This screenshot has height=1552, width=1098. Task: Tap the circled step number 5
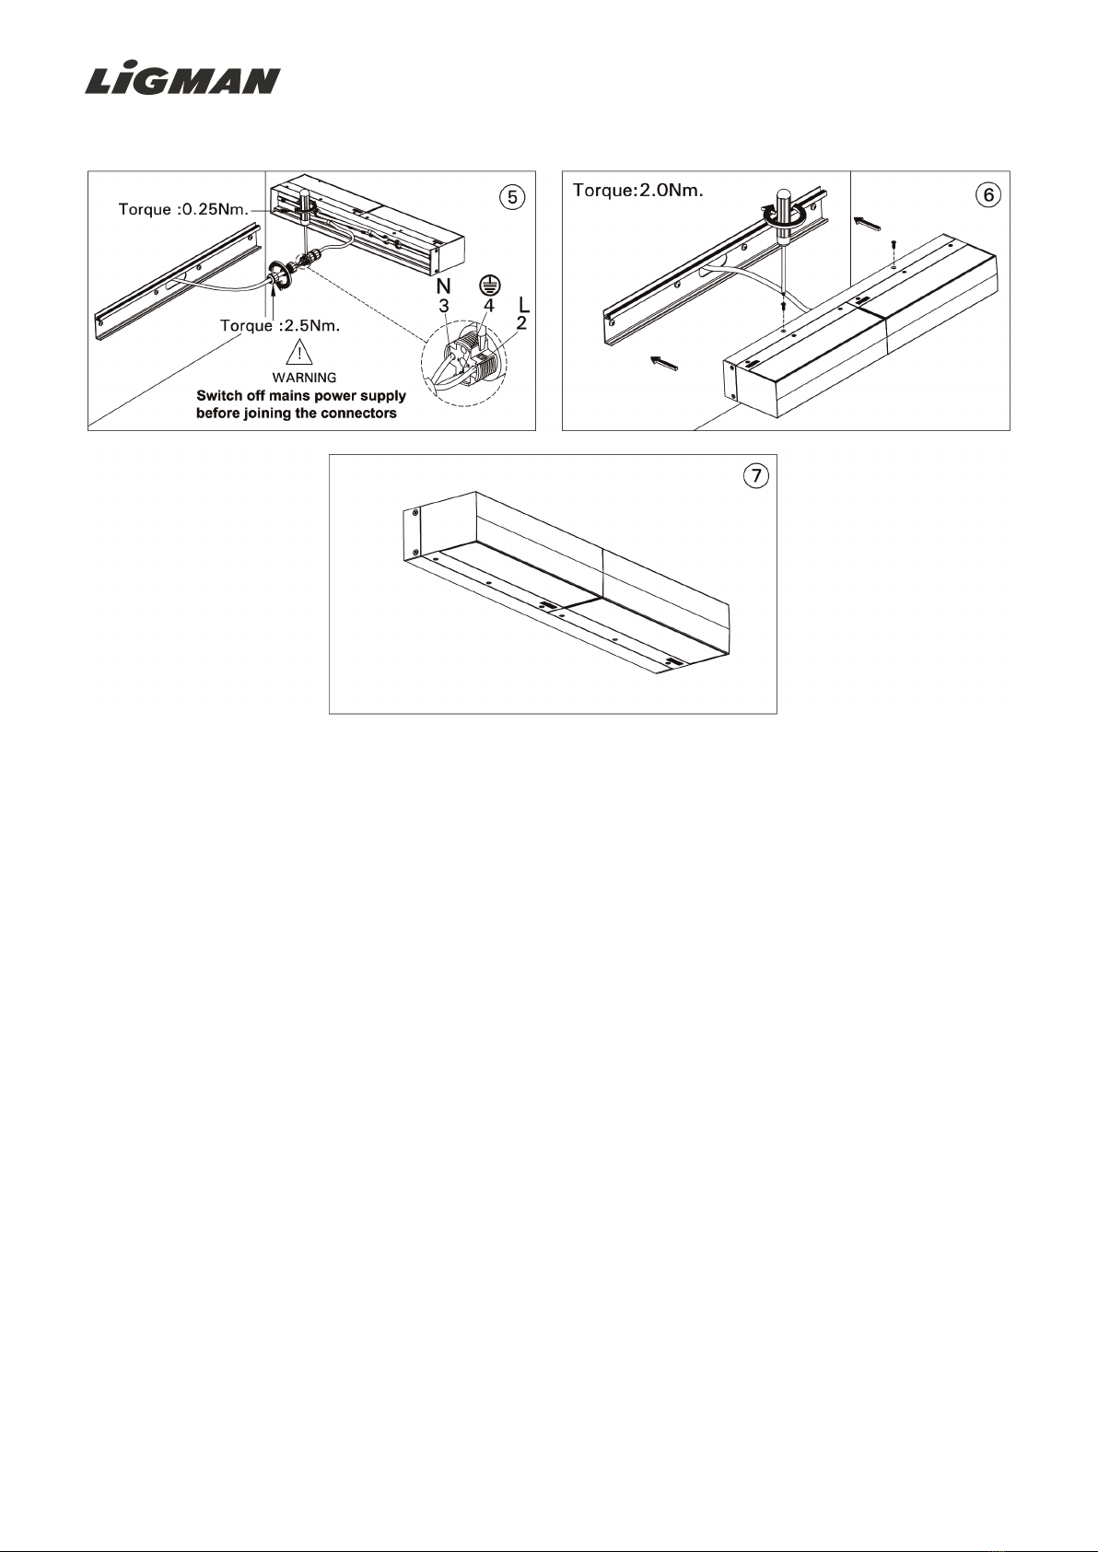click(x=512, y=197)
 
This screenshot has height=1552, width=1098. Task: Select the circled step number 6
click(x=988, y=195)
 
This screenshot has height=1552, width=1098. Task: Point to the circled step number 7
click(x=755, y=476)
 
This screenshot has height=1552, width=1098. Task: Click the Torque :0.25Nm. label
click(x=183, y=209)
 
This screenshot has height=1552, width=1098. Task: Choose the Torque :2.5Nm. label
click(x=280, y=326)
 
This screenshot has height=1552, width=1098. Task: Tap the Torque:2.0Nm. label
click(x=638, y=191)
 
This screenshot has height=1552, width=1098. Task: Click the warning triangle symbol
click(x=299, y=352)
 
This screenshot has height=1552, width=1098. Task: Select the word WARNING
click(x=304, y=378)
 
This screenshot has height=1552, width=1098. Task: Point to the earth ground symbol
click(x=490, y=285)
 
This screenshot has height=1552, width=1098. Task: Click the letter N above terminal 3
click(x=443, y=286)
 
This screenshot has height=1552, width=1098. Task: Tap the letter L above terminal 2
click(x=524, y=304)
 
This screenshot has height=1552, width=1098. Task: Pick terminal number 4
click(x=489, y=306)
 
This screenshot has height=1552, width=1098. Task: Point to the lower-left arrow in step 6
click(x=663, y=362)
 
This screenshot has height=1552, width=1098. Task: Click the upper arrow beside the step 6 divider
click(x=867, y=223)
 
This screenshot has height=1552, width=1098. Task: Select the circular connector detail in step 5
click(x=464, y=363)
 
